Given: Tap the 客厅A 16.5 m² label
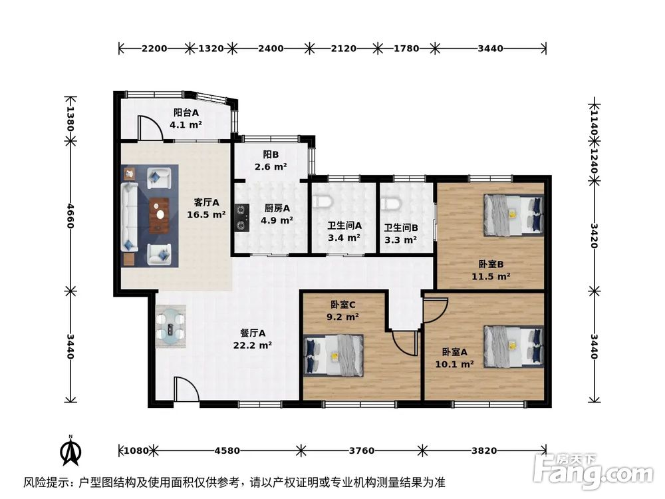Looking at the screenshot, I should click(207, 208).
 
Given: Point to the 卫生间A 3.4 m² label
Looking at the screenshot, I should click(344, 231).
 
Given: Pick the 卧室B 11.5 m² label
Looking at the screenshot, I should click(491, 270).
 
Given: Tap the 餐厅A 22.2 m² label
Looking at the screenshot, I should click(253, 339).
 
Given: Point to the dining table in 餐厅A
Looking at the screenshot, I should click(172, 327).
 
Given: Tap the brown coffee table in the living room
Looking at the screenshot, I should click(159, 216).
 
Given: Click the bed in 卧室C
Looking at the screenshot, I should click(334, 355).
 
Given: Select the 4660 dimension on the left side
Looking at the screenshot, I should click(69, 216).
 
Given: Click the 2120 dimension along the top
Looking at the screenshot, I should click(344, 48).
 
